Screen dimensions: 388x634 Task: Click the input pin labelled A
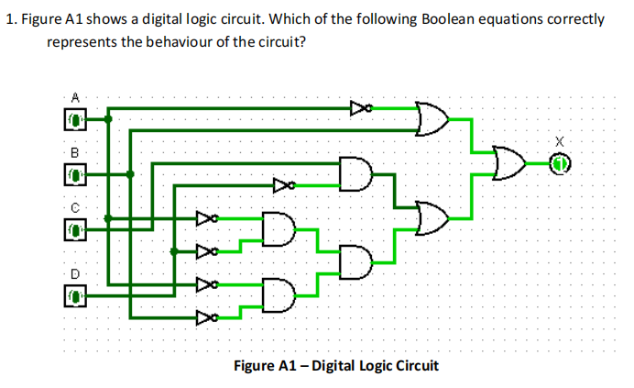click(x=74, y=118)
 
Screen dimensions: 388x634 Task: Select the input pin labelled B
click(x=74, y=172)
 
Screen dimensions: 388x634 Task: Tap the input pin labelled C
click(x=74, y=227)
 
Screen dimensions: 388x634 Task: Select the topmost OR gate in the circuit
click(x=432, y=118)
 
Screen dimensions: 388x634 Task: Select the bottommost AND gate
click(x=277, y=294)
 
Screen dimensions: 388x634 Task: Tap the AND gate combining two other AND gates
click(x=355, y=261)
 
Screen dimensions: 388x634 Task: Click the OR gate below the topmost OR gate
click(x=432, y=217)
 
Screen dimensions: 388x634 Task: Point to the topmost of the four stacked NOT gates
click(x=207, y=219)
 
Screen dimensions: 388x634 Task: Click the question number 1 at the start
click(x=8, y=19)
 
